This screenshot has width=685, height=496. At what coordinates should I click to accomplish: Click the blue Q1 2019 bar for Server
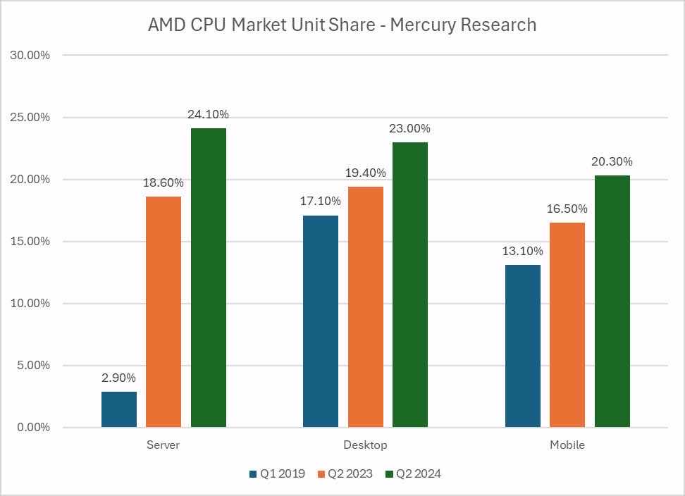[119, 409]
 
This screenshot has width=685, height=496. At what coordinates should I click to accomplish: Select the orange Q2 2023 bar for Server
[163, 312]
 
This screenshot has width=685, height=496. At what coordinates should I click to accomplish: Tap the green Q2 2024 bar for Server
[209, 278]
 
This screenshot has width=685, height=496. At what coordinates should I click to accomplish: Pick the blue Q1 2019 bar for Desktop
[321, 321]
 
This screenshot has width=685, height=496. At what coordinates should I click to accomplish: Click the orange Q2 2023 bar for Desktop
[365, 307]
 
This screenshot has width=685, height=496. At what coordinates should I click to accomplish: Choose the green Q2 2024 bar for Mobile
[612, 302]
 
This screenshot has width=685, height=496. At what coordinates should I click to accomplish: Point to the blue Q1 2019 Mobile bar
[523, 346]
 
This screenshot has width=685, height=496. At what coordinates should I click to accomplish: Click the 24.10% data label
[208, 114]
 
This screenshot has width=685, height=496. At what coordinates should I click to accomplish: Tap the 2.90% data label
[118, 378]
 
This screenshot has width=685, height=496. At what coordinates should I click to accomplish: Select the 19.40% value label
[365, 173]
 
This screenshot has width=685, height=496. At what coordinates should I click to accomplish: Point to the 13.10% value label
[522, 252]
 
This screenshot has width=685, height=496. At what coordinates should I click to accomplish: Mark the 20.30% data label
[612, 162]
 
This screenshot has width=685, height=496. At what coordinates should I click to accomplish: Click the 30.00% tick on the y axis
[29, 55]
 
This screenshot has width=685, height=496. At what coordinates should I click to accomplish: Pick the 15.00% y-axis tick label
[29, 241]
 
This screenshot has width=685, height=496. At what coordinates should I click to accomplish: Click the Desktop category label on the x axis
[365, 445]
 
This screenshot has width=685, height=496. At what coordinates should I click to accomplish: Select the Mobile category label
[567, 445]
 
